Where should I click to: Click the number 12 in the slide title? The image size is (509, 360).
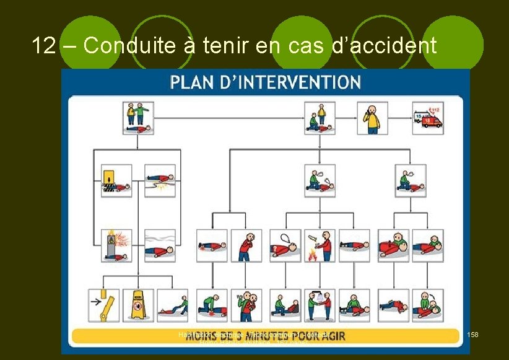click(x=43, y=45)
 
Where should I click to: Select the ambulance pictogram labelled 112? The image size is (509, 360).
click(x=429, y=118)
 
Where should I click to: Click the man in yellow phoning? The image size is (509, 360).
click(x=373, y=118)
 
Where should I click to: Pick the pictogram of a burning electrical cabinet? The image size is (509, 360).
click(x=116, y=245)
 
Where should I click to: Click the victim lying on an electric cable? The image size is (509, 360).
click(x=160, y=180)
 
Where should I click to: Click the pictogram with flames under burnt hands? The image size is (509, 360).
click(x=320, y=245)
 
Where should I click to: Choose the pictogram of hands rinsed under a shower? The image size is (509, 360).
click(x=320, y=305)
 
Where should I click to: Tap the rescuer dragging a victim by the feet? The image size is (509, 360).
click(x=172, y=305)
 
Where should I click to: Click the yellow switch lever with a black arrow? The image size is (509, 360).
click(x=103, y=305)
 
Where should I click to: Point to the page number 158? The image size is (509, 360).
click(x=472, y=335)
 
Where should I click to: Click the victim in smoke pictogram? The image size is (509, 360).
click(x=160, y=245)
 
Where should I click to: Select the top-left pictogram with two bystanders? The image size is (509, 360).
click(x=139, y=118)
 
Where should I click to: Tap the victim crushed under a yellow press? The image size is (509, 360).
click(x=116, y=180)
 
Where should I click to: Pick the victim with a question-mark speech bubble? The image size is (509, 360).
click(x=285, y=245)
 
